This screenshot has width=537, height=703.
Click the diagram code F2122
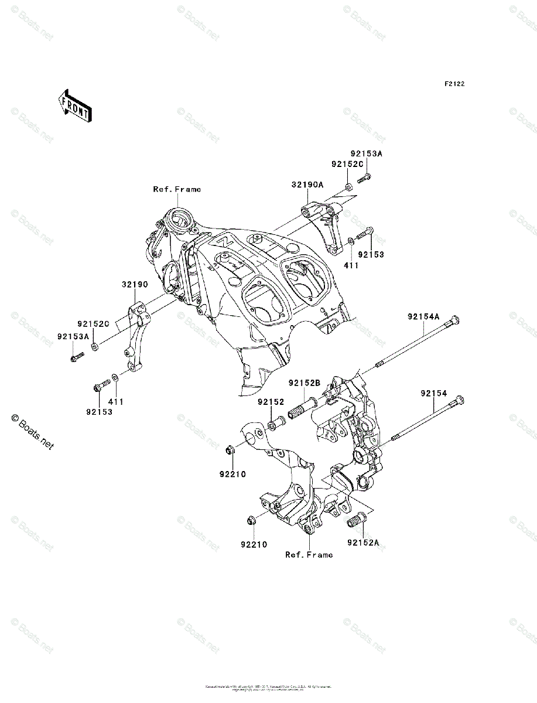tap(454, 84)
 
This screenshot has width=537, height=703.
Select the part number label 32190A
tap(307, 184)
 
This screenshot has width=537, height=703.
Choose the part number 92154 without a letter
tap(433, 393)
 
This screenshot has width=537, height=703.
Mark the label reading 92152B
tap(304, 383)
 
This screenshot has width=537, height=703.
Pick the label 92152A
tap(362, 543)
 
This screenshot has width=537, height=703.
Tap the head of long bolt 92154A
tap(454, 320)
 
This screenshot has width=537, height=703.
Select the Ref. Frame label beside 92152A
tap(309, 555)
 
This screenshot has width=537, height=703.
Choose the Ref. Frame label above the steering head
tap(177, 189)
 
